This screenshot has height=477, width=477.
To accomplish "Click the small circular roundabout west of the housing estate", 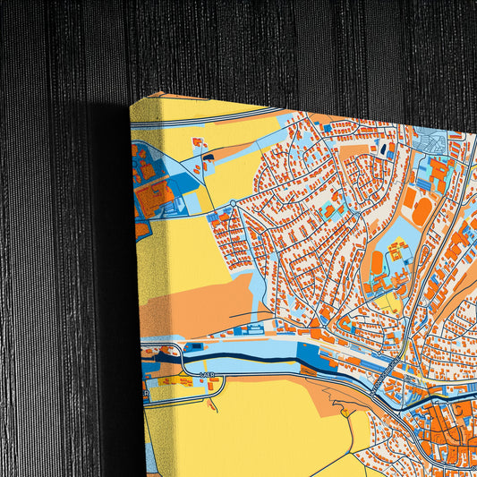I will [234, 204].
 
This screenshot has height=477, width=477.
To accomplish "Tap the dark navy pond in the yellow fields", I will [208, 158].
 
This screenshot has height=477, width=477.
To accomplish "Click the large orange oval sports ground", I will [422, 209].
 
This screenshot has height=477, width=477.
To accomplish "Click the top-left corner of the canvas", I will [132, 105].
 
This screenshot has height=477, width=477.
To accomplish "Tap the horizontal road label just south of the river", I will [208, 374].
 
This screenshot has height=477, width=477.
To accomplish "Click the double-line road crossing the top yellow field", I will [206, 117].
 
